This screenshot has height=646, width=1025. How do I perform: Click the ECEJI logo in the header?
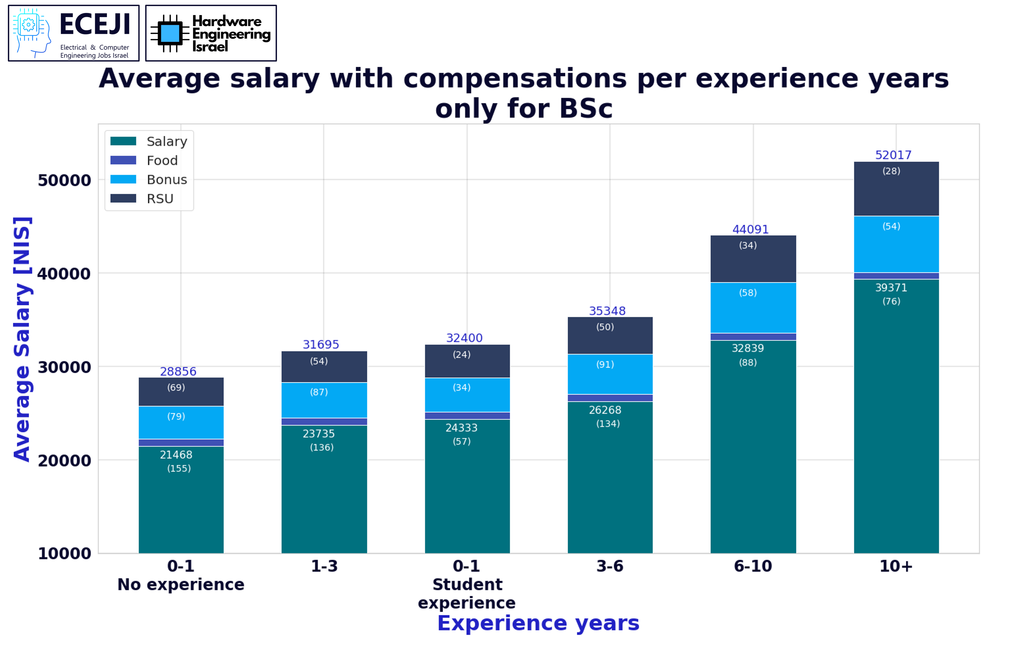[74, 33]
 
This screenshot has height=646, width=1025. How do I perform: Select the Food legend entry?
[162, 161]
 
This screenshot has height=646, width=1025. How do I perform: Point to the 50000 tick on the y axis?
[64, 180]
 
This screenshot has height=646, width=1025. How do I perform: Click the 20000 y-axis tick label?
[64, 460]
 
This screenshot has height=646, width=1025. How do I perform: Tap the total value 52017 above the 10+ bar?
[893, 155]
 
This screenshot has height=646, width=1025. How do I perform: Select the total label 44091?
[750, 229]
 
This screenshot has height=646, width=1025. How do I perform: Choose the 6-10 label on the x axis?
[753, 566]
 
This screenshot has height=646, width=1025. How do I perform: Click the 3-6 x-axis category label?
[610, 566]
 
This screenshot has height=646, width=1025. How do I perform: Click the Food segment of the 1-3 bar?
[324, 421]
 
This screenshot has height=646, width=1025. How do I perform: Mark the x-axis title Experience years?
[538, 623]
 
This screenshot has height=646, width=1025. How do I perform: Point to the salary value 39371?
[891, 288]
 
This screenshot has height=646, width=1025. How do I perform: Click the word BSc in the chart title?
[586, 109]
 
